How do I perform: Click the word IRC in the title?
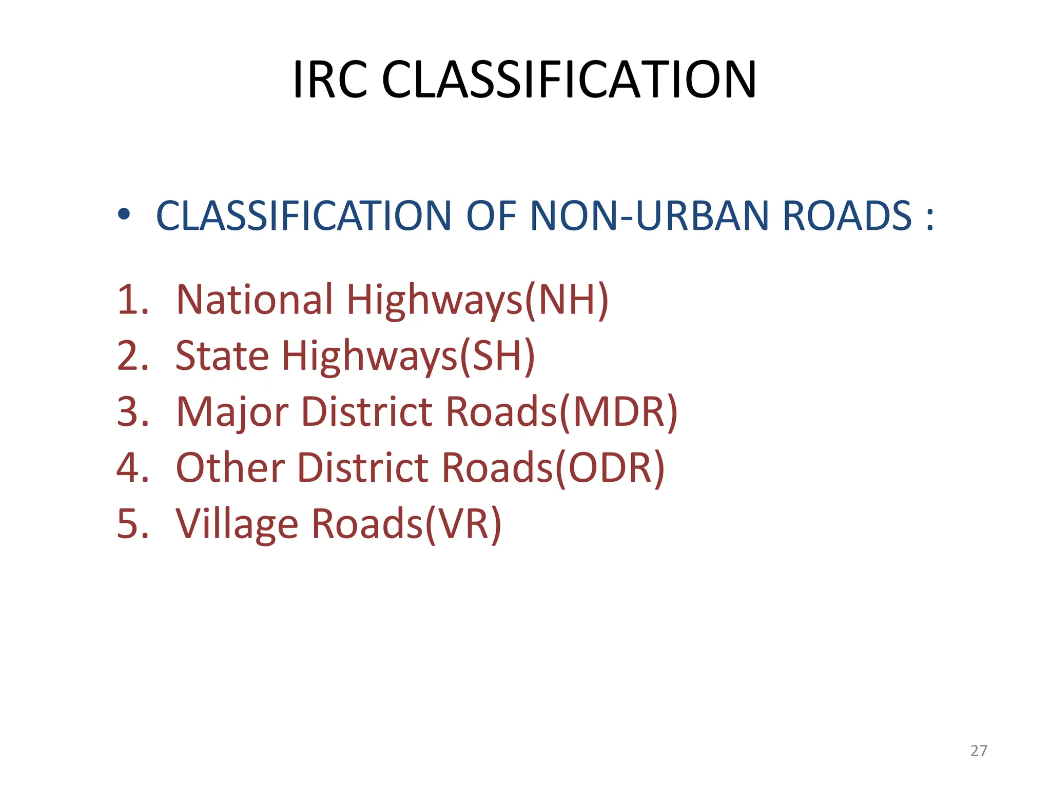(330, 80)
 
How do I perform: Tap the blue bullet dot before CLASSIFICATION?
(124, 214)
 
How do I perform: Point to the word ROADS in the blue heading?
(847, 216)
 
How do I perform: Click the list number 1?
(132, 300)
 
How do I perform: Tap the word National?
(254, 300)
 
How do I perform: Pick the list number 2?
(132, 356)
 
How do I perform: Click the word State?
(222, 356)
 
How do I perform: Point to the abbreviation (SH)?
(497, 356)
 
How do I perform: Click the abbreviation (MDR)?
(618, 412)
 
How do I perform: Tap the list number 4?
(132, 468)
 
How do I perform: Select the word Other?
(230, 468)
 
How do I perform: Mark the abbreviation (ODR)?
(610, 468)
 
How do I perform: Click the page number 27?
(979, 751)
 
